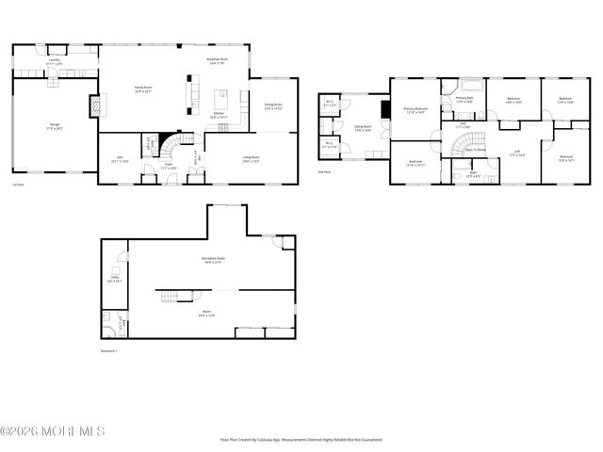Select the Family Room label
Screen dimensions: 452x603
coord(144,89)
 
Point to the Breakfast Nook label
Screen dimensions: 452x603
coord(218,61)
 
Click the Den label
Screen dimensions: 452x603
coord(120,159)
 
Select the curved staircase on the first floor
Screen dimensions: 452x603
coord(171,148)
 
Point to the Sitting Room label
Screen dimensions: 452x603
coord(363,127)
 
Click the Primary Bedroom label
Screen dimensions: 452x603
coord(416,110)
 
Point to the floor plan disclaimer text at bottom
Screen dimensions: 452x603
coord(301,439)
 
